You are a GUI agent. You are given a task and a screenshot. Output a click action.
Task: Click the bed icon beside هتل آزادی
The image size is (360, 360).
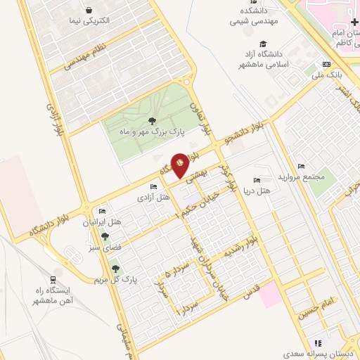(153, 186)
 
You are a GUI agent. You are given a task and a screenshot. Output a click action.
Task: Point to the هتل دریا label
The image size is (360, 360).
(256, 191)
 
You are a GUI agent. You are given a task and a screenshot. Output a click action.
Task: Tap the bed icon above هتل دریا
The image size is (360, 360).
(256, 181)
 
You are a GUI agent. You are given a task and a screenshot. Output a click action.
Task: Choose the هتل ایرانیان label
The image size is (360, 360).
(103, 222)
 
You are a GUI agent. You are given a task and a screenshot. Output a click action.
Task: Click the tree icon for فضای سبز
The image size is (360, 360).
(105, 236)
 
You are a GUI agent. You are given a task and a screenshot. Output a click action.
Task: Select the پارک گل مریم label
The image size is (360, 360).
(115, 280)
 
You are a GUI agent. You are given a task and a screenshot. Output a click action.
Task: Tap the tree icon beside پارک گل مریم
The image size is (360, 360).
(115, 268)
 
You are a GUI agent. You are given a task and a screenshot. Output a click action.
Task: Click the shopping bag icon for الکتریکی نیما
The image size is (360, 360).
(89, 10)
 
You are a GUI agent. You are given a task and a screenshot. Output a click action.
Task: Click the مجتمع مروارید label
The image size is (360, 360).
(302, 176)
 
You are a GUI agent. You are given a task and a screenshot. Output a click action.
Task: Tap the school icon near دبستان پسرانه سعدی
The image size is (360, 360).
(317, 343)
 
